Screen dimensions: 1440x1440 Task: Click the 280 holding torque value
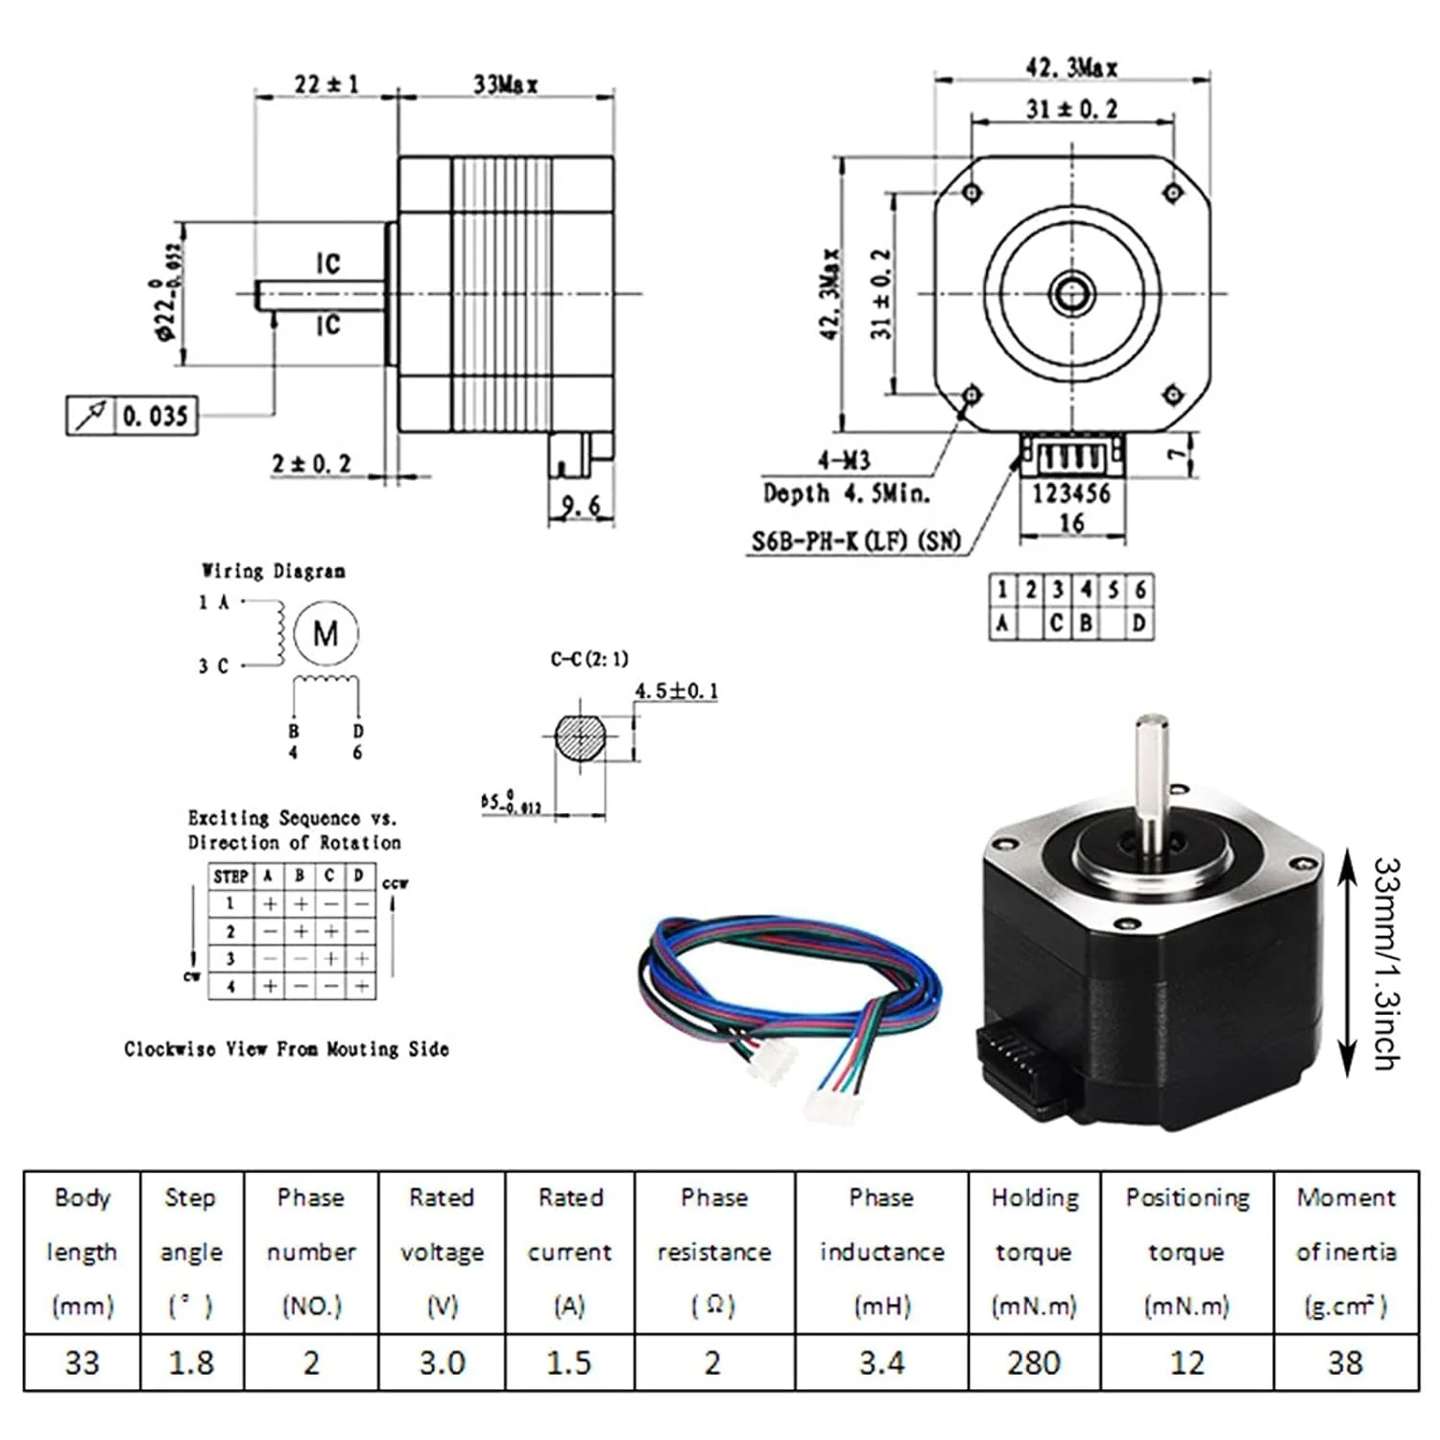click(1034, 1362)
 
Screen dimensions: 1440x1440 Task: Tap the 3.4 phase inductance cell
click(881, 1362)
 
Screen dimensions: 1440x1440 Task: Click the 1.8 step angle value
click(191, 1362)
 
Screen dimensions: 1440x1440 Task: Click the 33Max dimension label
click(505, 84)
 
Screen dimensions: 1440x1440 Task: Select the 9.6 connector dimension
click(580, 506)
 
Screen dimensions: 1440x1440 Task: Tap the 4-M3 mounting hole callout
click(844, 462)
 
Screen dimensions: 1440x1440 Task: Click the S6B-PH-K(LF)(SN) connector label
click(855, 541)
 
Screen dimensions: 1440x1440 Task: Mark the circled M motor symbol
click(325, 634)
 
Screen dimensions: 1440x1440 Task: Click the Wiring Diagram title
click(274, 571)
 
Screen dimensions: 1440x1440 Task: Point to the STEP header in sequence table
click(230, 876)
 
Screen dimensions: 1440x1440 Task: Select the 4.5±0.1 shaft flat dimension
click(676, 691)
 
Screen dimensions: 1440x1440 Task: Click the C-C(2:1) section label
click(589, 660)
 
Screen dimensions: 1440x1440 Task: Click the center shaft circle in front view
click(1071, 293)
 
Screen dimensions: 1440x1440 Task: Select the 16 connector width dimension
click(1071, 523)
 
